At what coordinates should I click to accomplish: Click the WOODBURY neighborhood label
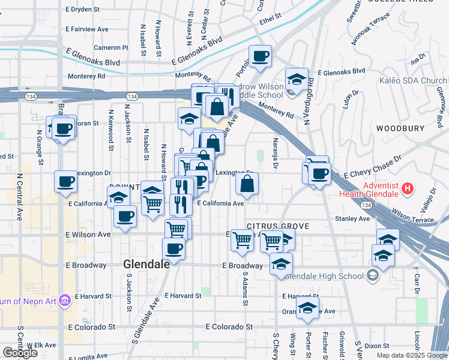pyautogui.click(x=400, y=128)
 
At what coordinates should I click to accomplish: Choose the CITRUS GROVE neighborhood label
pyautogui.click(x=277, y=226)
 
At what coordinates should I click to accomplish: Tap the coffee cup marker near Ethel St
pyautogui.click(x=260, y=56)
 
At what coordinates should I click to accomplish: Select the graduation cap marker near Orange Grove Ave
pyautogui.click(x=308, y=308)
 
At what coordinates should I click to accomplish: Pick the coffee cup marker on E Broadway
pyautogui.click(x=174, y=248)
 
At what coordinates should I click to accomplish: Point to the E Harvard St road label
pyautogui.click(x=183, y=296)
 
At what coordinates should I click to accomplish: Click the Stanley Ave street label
pyautogui.click(x=352, y=219)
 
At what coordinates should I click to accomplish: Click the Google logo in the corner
pyautogui.click(x=20, y=353)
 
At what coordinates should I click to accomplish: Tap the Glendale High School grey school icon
pyautogui.click(x=373, y=276)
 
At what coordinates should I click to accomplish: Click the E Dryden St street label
pyautogui.click(x=88, y=10)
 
